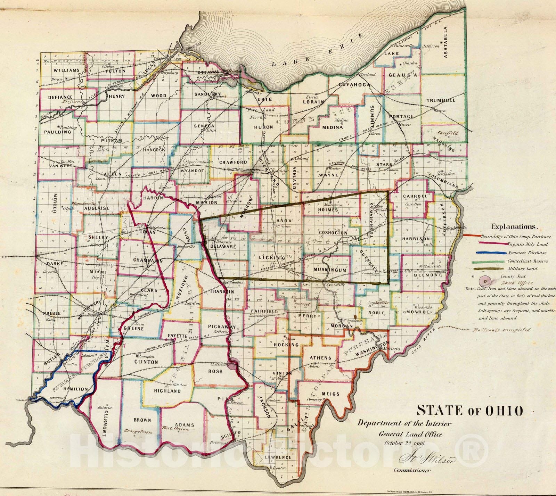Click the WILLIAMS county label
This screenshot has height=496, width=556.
(66, 70)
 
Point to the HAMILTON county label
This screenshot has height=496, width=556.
(75, 389)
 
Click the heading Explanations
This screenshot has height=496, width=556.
(515, 227)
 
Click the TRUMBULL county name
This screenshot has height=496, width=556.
(441, 100)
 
